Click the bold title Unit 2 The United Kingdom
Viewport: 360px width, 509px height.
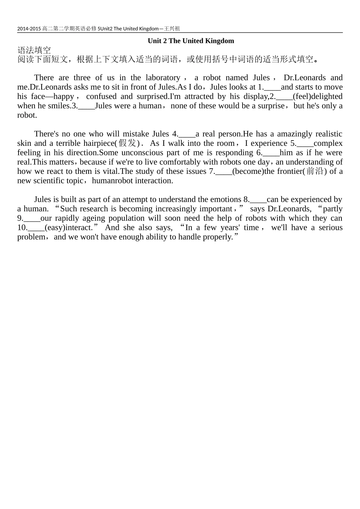tap(191, 41)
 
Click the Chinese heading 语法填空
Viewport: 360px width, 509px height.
tap(34, 50)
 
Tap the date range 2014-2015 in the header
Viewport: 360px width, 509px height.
tap(29, 29)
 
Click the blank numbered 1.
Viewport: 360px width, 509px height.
tap(272, 87)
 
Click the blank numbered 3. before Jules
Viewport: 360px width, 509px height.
tap(86, 106)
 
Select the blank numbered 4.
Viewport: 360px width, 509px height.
tap(187, 134)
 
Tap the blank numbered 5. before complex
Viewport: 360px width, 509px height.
tap(305, 144)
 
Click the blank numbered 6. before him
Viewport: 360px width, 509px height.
tap(271, 153)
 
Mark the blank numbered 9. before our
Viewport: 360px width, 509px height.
tap(32, 219)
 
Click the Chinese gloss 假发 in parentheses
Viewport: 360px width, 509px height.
tap(127, 143)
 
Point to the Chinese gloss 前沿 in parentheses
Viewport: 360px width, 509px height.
tap(315, 171)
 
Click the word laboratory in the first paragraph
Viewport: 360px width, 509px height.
tap(160, 78)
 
